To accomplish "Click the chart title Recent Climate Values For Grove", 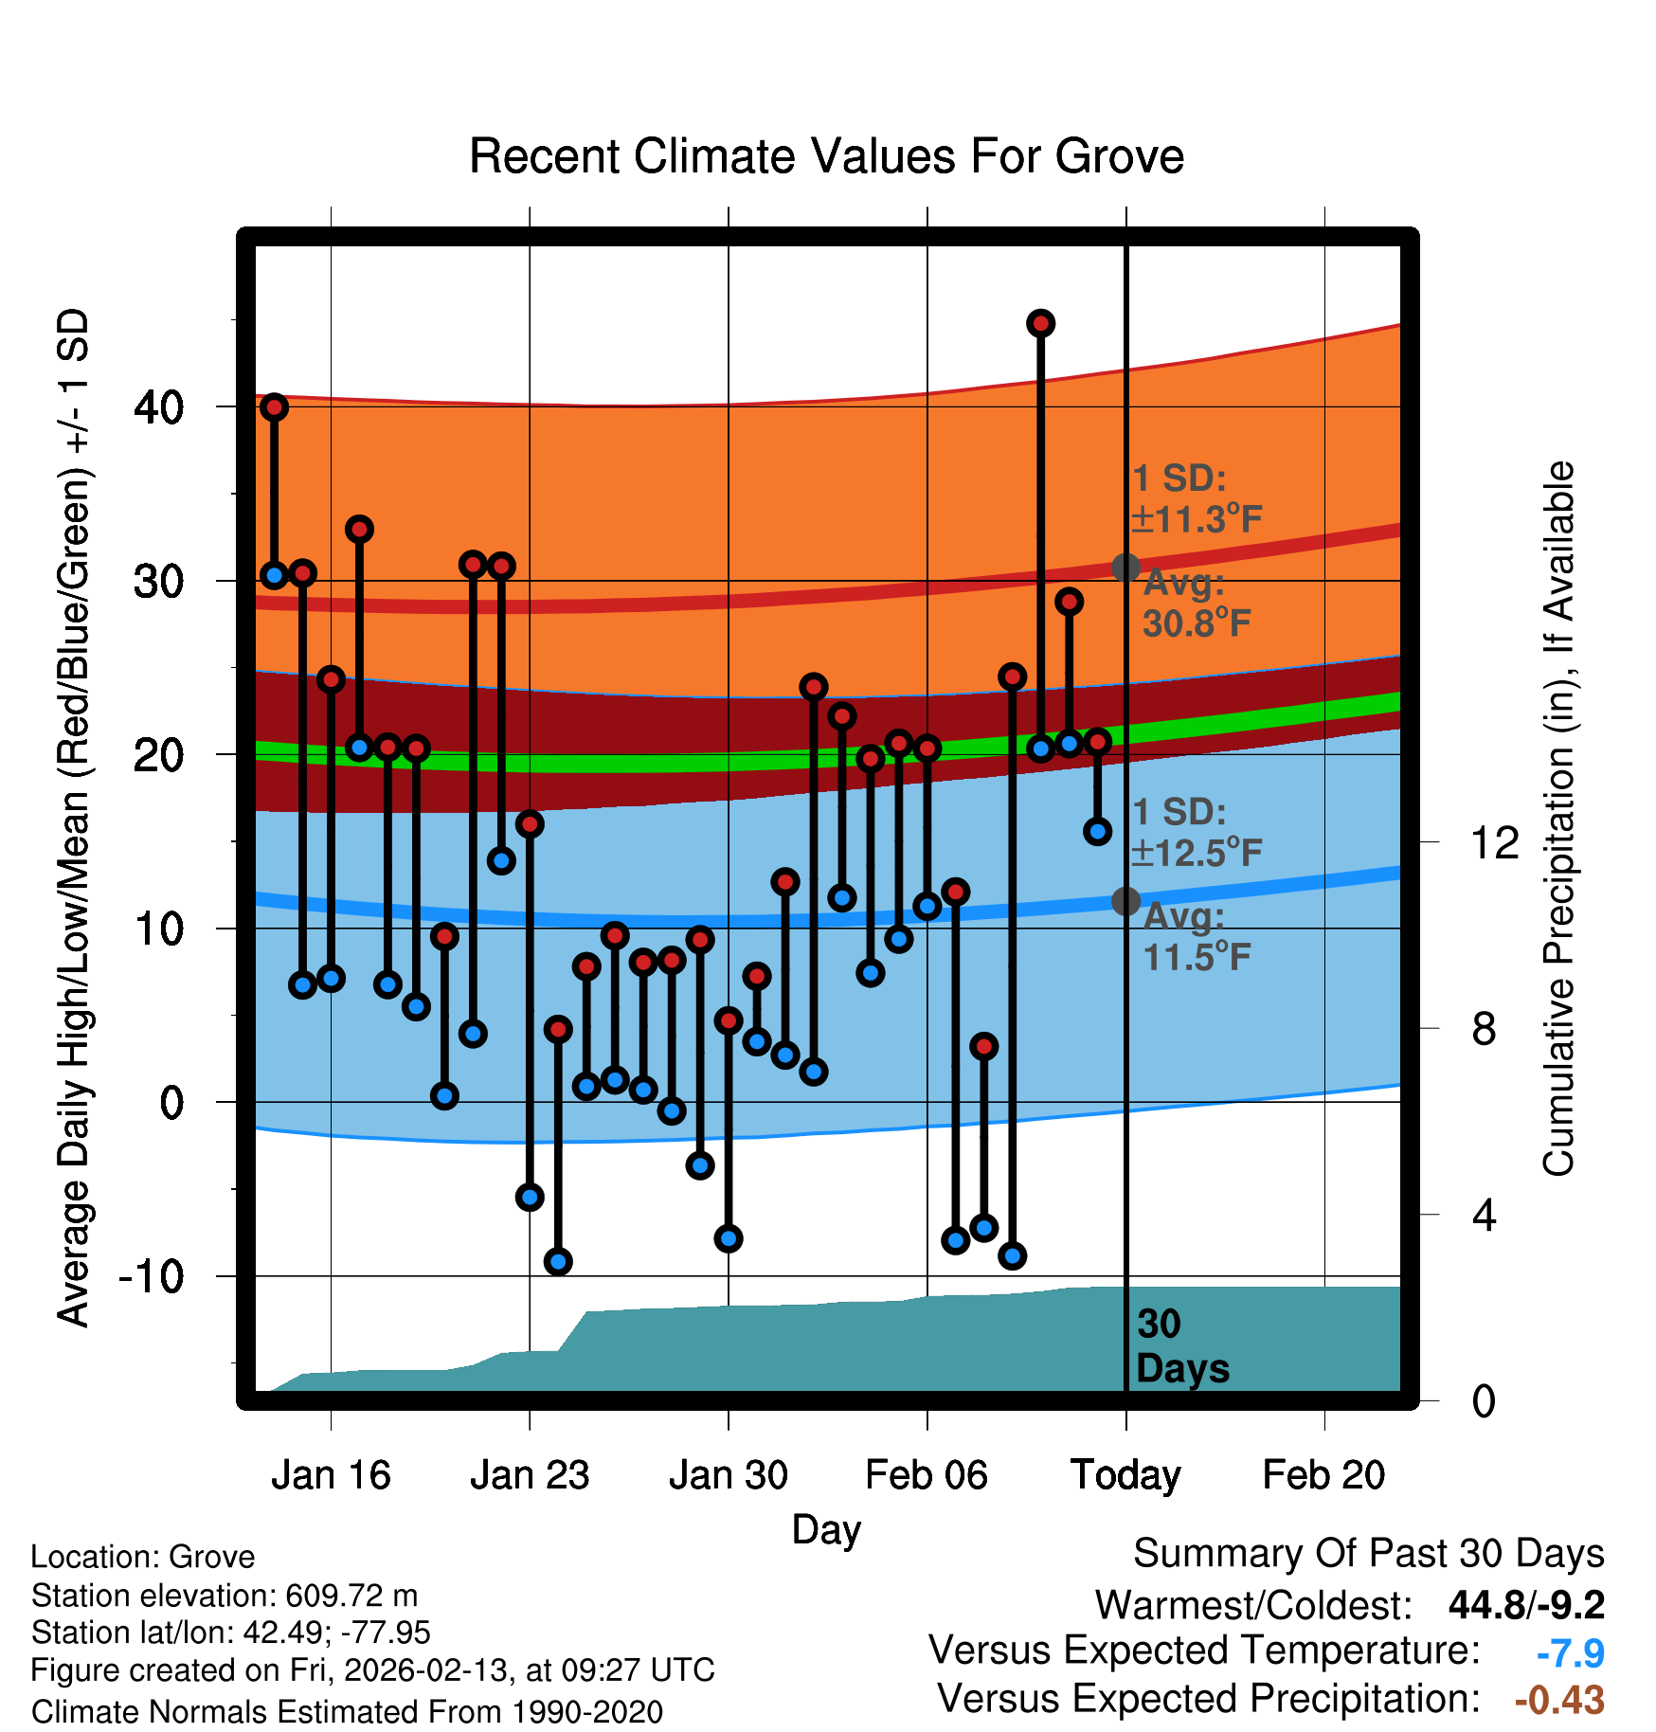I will tap(826, 156).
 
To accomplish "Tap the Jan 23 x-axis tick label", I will tap(530, 1475).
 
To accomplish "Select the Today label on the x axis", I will tap(1125, 1475).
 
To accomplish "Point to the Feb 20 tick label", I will tap(1323, 1475).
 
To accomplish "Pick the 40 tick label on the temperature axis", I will tap(159, 407).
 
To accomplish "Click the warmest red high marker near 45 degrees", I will tap(1041, 324).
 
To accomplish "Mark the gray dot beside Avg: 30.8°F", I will tap(1125, 568).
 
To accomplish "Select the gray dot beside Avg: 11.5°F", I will tap(1125, 901).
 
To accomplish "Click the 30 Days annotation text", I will tap(1181, 1346).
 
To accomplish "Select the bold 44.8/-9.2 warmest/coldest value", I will tap(1526, 1605).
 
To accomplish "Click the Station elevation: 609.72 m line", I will tap(225, 1596).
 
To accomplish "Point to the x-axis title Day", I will tap(826, 1529).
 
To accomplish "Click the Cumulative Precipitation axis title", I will tap(1557, 819).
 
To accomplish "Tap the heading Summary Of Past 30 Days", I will tap(1368, 1554).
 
